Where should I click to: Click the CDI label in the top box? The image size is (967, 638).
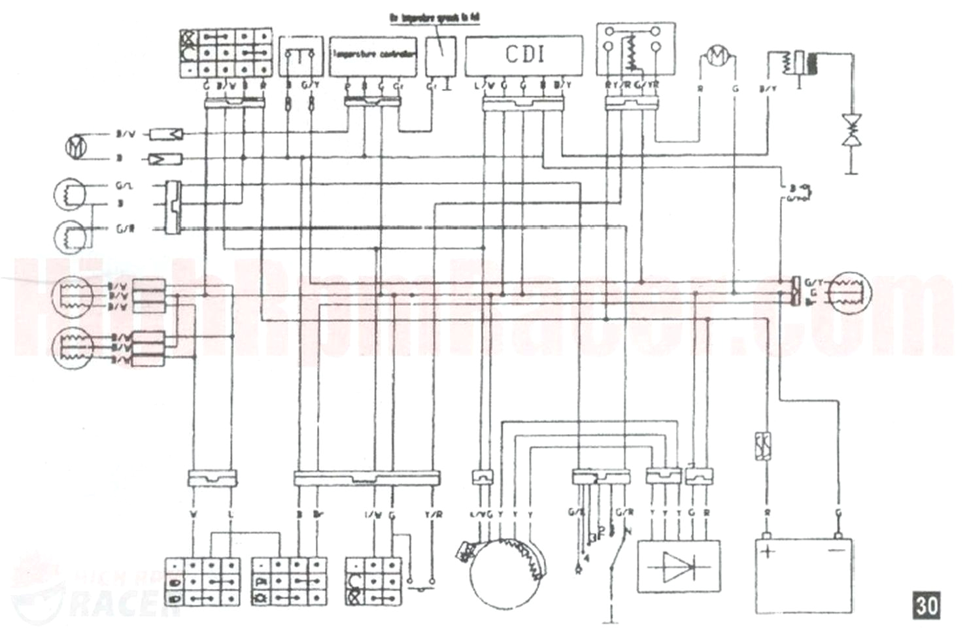[524, 55]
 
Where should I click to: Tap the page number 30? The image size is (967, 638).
[926, 605]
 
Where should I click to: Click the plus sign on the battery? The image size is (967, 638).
[768, 551]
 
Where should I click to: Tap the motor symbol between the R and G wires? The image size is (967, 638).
[717, 57]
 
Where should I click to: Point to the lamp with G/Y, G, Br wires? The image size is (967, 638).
[848, 292]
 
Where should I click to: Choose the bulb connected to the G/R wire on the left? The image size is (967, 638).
[70, 235]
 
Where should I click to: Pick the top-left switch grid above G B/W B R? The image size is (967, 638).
[225, 52]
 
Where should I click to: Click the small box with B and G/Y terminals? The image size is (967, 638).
[301, 56]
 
